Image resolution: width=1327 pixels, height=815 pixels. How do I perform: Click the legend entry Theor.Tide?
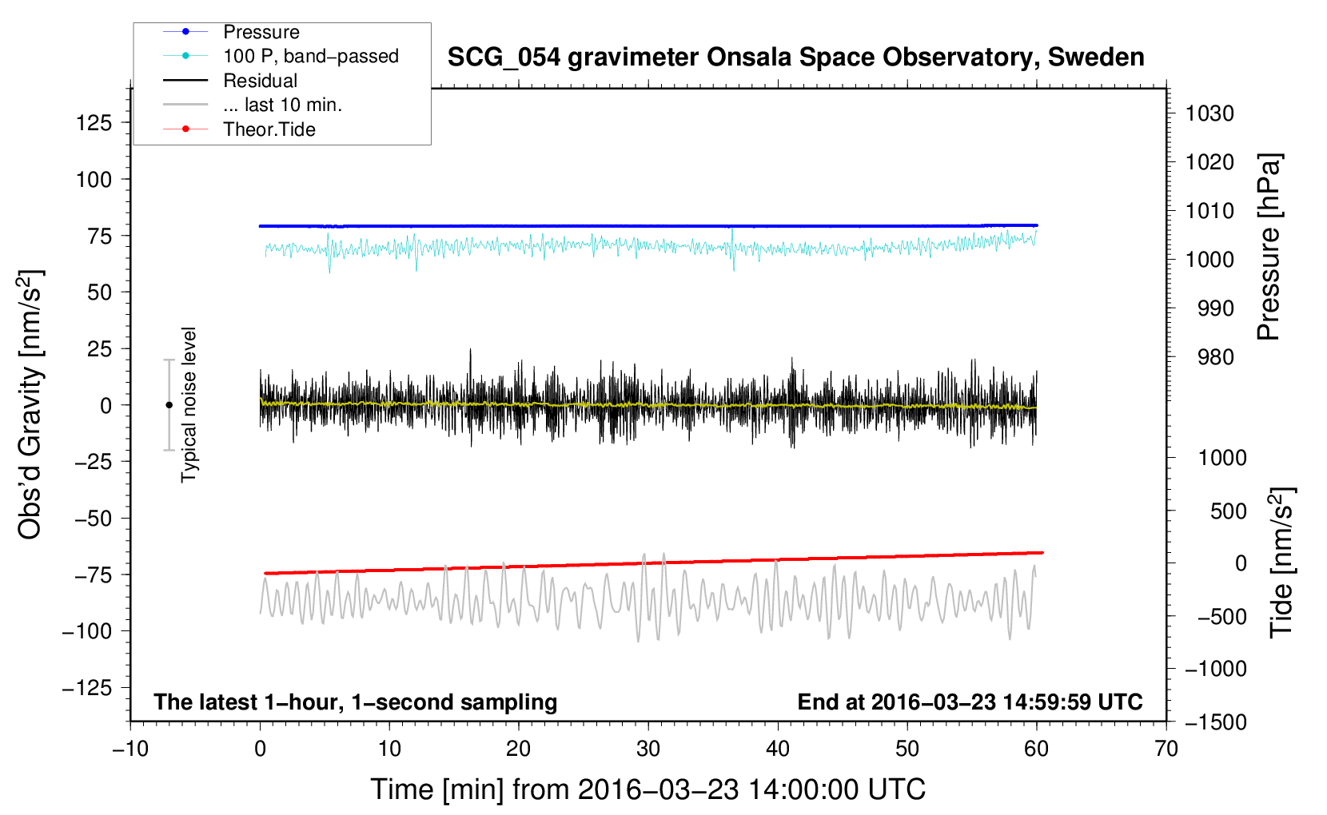pyautogui.click(x=269, y=129)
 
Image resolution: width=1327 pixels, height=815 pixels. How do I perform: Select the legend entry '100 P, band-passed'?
pyautogui.click(x=311, y=56)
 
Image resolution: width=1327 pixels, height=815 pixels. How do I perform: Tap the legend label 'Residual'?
pyautogui.click(x=260, y=81)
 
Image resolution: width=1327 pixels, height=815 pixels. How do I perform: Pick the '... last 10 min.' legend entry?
pyautogui.click(x=282, y=105)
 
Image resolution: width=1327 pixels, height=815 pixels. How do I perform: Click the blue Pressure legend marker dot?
pyautogui.click(x=185, y=31)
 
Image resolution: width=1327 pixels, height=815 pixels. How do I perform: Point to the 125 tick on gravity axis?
pyautogui.click(x=94, y=122)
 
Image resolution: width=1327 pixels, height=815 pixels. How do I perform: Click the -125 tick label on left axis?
pyautogui.click(x=87, y=688)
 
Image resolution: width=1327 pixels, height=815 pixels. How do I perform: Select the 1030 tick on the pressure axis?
pyautogui.click(x=1209, y=113)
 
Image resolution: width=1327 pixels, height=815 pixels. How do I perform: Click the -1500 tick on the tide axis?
pyautogui.click(x=1216, y=722)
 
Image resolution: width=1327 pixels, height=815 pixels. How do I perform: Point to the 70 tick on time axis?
pyautogui.click(x=1166, y=749)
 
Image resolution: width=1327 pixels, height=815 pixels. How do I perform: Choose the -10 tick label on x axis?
pyautogui.click(x=130, y=749)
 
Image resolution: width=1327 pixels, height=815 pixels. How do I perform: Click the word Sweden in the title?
pyautogui.click(x=1096, y=58)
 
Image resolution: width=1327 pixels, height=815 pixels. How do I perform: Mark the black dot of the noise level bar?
pyautogui.click(x=169, y=405)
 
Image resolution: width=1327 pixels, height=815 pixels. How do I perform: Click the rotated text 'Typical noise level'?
pyautogui.click(x=189, y=405)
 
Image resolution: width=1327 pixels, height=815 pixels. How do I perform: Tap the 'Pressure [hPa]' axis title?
pyautogui.click(x=1269, y=247)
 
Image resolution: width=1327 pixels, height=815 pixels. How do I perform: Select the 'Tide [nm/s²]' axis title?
pyautogui.click(x=1282, y=563)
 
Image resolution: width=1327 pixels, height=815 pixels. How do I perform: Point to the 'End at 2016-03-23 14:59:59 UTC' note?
pyautogui.click(x=970, y=702)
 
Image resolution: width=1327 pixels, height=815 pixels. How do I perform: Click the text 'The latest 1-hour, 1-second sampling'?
pyautogui.click(x=356, y=702)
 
